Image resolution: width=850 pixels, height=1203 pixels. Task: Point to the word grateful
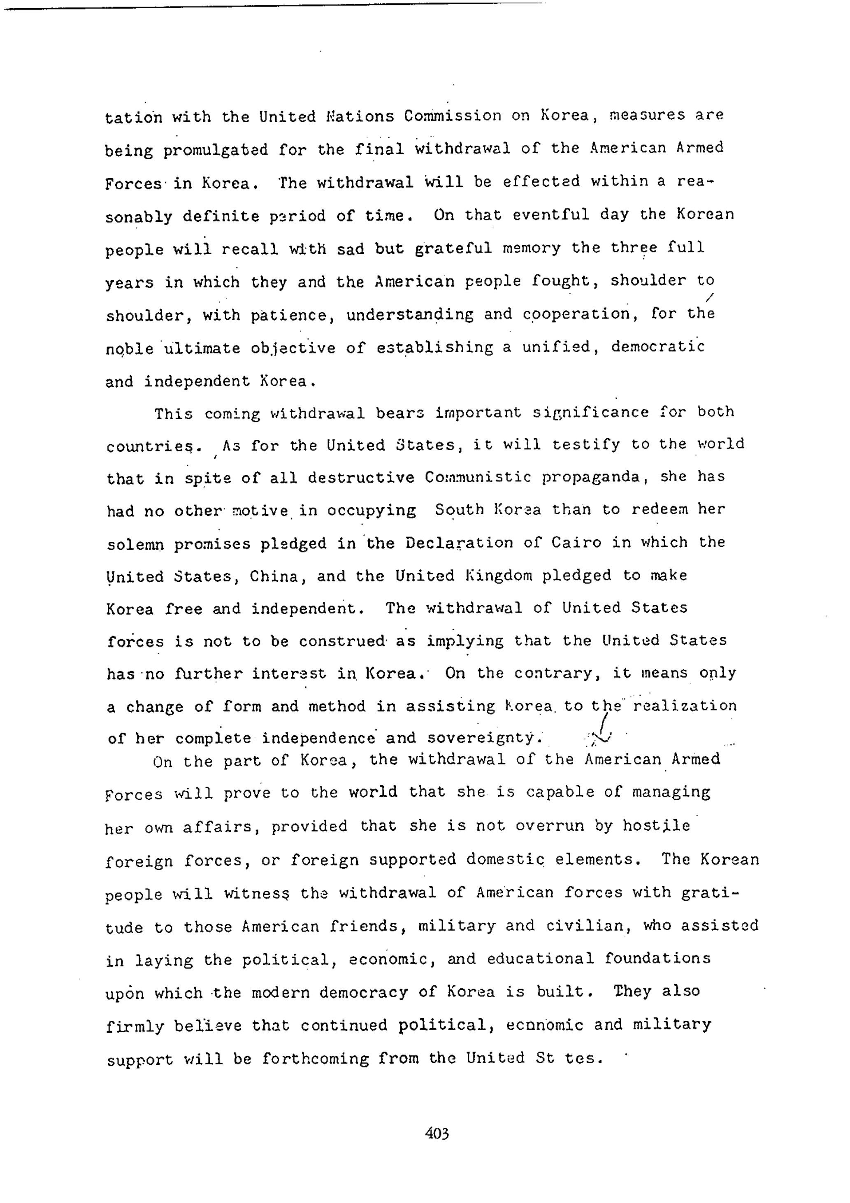453,248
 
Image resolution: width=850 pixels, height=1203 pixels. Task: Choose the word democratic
658,347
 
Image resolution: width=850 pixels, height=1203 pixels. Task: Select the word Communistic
478,477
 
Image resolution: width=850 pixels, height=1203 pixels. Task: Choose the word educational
540,959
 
